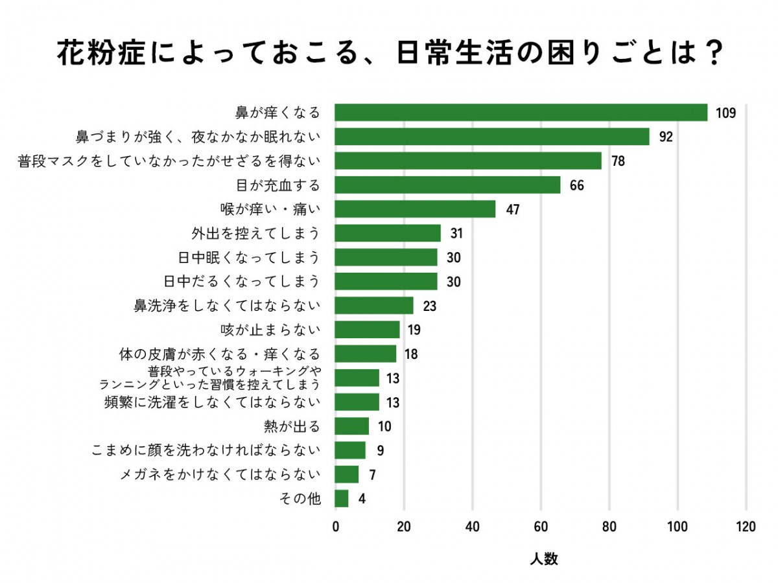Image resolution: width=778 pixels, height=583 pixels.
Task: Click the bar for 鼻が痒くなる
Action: click(x=521, y=113)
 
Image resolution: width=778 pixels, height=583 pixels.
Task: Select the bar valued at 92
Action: click(x=492, y=137)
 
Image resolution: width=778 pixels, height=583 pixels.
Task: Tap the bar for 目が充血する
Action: click(x=447, y=185)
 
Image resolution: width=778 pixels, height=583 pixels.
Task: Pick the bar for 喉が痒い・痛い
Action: click(x=415, y=209)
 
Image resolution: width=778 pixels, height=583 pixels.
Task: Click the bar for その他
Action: click(x=342, y=499)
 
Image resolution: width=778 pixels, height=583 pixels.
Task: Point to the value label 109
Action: click(x=726, y=113)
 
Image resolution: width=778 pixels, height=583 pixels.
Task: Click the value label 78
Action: click(x=618, y=161)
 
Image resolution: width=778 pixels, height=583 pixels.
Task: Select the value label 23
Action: click(x=429, y=306)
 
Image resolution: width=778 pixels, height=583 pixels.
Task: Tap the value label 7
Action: click(x=372, y=475)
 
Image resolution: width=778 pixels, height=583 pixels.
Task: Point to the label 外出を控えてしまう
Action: click(x=255, y=233)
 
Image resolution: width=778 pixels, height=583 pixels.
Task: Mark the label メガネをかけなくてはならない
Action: click(x=220, y=475)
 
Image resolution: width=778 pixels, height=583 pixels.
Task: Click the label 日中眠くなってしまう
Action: click(x=249, y=257)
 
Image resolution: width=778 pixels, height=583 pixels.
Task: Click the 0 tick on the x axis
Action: click(x=335, y=527)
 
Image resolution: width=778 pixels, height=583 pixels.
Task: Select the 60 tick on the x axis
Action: click(x=541, y=527)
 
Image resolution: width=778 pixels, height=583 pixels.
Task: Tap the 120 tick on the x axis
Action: click(x=746, y=527)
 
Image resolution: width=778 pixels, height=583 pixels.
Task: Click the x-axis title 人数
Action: click(x=543, y=559)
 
